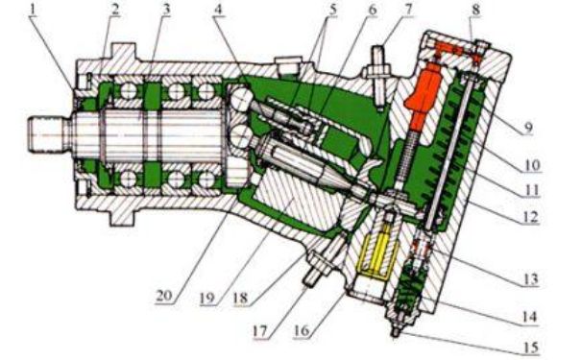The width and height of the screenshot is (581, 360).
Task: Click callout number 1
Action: click(x=34, y=10)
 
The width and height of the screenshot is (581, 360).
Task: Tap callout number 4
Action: click(x=219, y=10)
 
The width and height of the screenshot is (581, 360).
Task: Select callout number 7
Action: click(x=408, y=10)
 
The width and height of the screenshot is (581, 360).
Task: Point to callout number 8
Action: click(x=475, y=10)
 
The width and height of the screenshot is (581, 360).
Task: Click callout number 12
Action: click(x=530, y=216)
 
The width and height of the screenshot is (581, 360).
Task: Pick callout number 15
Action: click(x=530, y=348)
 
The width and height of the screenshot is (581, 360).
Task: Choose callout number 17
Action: click(x=259, y=331)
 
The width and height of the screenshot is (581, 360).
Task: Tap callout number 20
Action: click(x=164, y=296)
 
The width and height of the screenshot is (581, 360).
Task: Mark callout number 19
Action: click(x=207, y=299)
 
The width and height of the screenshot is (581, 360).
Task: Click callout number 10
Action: click(x=532, y=164)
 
